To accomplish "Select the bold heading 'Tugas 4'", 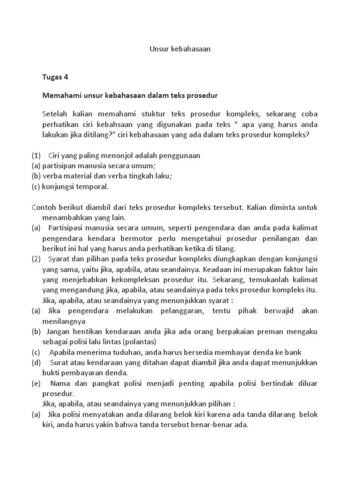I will (x=55, y=77).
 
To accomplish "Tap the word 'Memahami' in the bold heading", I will (x=59, y=95).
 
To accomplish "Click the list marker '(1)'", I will (x=37, y=156).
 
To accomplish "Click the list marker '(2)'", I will (x=37, y=259).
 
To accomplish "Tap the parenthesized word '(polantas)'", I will (x=139, y=342).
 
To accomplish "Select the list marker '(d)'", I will (x=37, y=362).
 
